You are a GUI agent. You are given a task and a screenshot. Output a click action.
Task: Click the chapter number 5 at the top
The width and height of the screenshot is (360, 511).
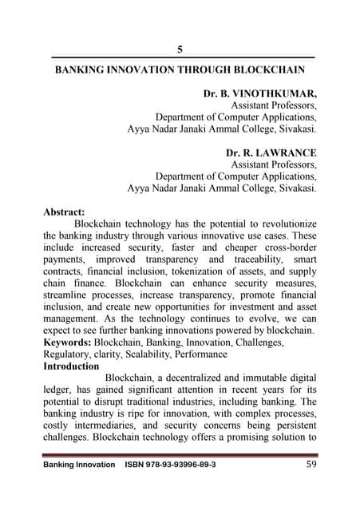(180, 49)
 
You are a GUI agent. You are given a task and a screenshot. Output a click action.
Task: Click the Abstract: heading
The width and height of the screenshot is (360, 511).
(64, 212)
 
